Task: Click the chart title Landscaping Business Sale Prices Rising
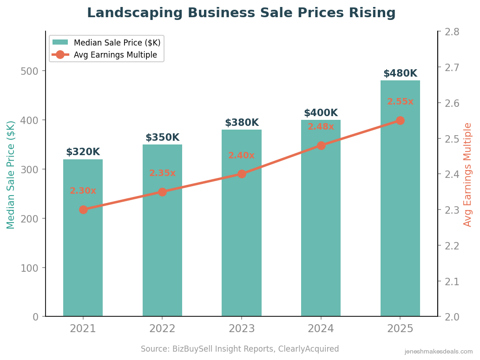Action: click(241, 13)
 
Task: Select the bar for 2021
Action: click(83, 260)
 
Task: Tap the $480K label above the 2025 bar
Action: click(400, 73)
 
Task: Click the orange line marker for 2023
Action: click(242, 174)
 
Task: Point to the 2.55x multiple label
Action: click(400, 102)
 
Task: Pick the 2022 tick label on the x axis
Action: click(162, 329)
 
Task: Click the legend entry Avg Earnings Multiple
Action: click(115, 55)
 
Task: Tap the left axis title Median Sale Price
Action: click(11, 175)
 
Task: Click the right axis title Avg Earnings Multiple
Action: click(468, 175)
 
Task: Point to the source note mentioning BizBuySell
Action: click(240, 349)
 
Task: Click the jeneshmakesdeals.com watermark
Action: click(439, 352)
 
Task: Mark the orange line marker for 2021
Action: click(83, 209)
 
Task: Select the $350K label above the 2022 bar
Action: click(162, 138)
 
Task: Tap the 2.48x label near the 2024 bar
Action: click(321, 127)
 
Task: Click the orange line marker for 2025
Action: click(400, 121)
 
